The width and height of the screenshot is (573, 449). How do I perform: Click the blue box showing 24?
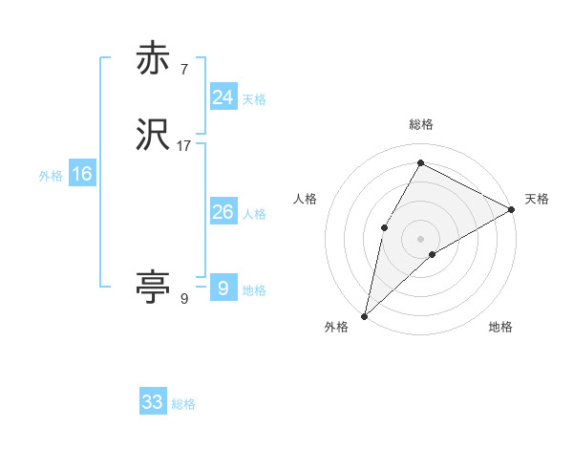click(x=223, y=97)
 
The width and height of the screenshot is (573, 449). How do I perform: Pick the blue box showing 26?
click(x=223, y=212)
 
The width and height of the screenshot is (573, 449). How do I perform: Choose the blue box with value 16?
click(x=82, y=174)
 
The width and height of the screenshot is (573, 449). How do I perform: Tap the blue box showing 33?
click(x=153, y=402)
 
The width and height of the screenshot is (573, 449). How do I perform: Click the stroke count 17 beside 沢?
click(x=184, y=146)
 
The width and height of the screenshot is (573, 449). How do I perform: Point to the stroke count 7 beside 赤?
click(x=183, y=70)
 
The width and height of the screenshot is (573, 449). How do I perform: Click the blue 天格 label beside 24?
click(x=254, y=99)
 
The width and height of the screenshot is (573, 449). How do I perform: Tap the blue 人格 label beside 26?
click(x=254, y=214)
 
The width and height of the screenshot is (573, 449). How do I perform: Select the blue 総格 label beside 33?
click(x=183, y=404)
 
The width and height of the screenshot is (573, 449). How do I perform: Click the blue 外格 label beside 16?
click(x=51, y=176)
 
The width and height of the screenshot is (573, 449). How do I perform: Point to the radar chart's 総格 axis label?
click(x=420, y=124)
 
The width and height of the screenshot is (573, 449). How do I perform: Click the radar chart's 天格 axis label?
click(x=537, y=199)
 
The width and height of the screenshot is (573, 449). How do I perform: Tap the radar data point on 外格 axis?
click(x=364, y=315)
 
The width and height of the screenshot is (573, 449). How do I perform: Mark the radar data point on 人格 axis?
click(x=384, y=226)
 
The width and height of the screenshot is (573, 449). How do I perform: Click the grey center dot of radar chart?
click(x=420, y=238)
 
